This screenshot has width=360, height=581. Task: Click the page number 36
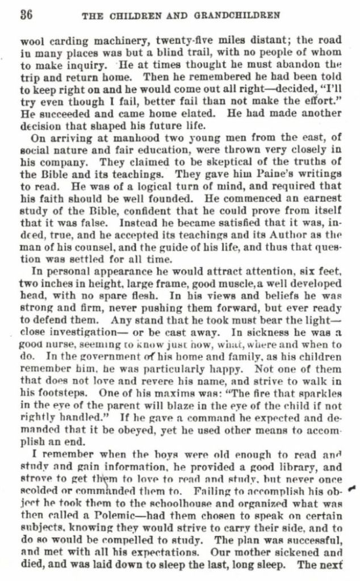click(x=26, y=15)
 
